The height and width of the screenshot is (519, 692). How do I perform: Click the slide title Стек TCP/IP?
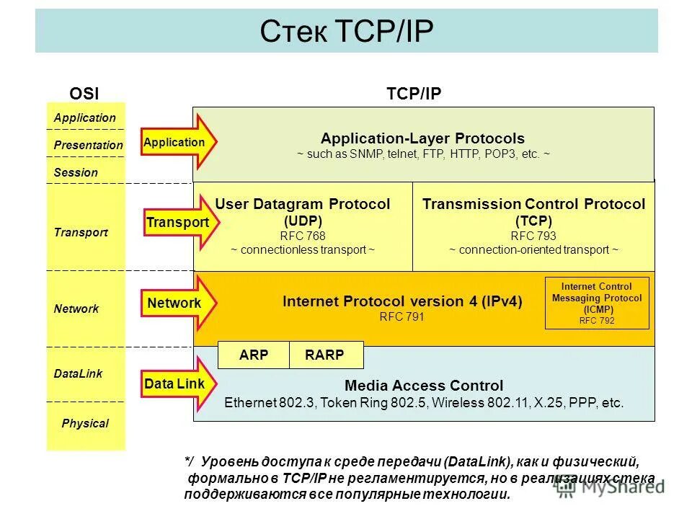[x=346, y=31]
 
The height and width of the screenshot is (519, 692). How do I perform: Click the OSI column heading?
[x=84, y=93]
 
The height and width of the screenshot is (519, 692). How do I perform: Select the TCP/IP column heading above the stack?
[x=414, y=93]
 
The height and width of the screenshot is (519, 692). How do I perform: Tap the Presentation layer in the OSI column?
[x=88, y=145]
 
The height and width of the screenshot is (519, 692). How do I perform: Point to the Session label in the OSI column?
[x=76, y=172]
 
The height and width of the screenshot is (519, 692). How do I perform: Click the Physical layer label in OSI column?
[x=85, y=423]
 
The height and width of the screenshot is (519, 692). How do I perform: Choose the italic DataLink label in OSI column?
[x=78, y=373]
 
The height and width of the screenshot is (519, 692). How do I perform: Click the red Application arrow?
[x=177, y=143]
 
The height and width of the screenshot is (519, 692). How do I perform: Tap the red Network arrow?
[x=177, y=303]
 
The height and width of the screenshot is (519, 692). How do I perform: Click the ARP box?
[x=253, y=355]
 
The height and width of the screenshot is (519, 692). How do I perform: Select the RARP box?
[x=325, y=355]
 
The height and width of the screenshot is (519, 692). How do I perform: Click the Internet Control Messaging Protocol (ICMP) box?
[x=596, y=303]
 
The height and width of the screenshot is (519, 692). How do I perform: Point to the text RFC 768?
[x=303, y=236]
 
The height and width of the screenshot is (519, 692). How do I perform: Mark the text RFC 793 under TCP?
[x=533, y=236]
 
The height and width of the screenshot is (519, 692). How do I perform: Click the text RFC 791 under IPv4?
[x=402, y=316]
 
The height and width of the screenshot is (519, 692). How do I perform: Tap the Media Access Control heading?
[x=424, y=386]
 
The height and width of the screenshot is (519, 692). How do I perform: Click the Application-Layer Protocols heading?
[x=423, y=138]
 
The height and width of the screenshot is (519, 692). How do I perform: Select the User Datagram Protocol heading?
[x=303, y=205]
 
